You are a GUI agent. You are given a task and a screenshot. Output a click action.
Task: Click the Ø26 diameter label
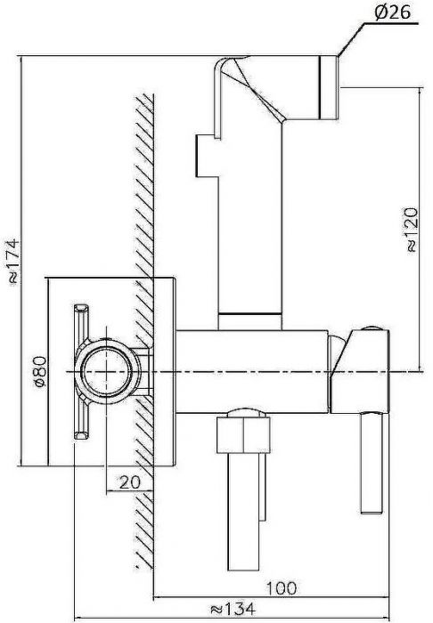[392, 12]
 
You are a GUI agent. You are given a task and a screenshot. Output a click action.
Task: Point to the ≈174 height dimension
[12, 261]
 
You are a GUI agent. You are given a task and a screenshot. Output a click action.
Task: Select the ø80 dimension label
[41, 371]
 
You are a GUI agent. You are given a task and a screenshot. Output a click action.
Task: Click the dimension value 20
[130, 482]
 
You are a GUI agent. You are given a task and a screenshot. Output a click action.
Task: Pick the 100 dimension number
[282, 588]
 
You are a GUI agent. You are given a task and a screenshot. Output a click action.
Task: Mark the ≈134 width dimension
[233, 608]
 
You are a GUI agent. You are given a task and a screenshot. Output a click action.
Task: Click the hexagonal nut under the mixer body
[243, 431]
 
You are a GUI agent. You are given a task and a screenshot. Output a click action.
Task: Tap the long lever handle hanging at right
[372, 464]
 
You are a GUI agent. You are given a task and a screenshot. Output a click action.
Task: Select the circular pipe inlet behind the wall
[107, 372]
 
